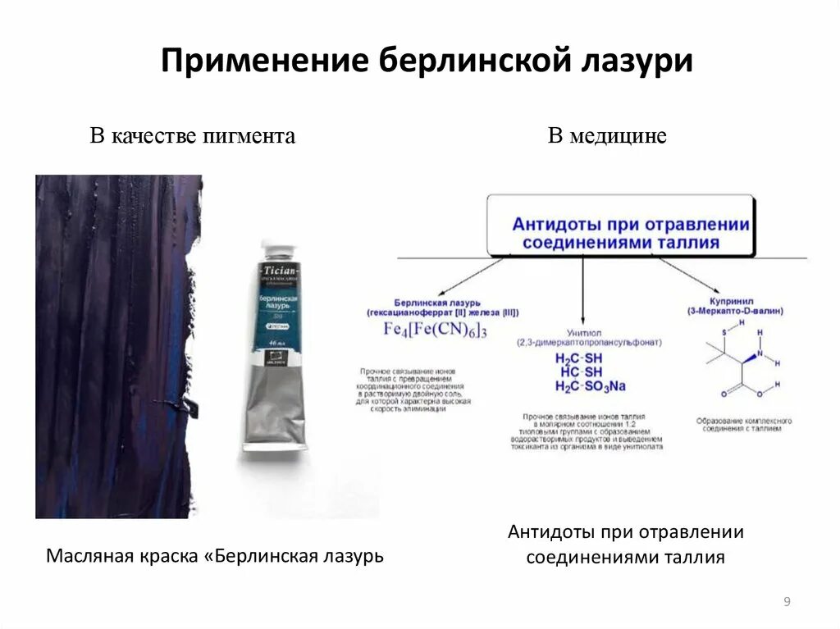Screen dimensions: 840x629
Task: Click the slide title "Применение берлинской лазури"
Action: (x=427, y=62)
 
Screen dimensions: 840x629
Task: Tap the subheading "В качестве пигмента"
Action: (x=192, y=136)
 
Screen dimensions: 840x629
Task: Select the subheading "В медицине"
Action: (x=607, y=136)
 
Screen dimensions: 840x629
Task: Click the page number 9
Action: (x=787, y=603)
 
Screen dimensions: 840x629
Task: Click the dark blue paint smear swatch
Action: (x=115, y=344)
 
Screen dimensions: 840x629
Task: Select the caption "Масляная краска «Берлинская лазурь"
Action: (x=215, y=556)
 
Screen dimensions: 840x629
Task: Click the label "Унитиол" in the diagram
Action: (x=577, y=331)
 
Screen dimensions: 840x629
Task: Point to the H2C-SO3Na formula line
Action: (x=591, y=386)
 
